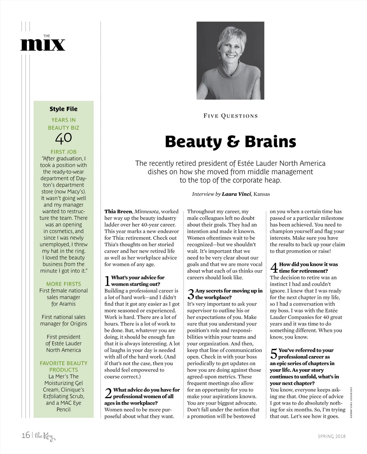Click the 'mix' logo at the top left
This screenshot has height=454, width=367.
pos(43,45)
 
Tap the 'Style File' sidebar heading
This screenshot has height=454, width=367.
pos(63,109)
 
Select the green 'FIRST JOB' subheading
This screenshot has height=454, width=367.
pos(63,152)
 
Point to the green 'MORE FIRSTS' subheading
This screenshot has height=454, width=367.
pos(63,284)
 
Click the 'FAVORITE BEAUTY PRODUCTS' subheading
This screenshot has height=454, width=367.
pos(63,366)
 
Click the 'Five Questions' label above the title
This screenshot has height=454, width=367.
pos(230,116)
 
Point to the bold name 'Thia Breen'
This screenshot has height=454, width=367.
pos(118,211)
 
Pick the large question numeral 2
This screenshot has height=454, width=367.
pos(108,393)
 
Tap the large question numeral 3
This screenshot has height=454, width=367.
pos(191,294)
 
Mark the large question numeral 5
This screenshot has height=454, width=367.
pos(274,354)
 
